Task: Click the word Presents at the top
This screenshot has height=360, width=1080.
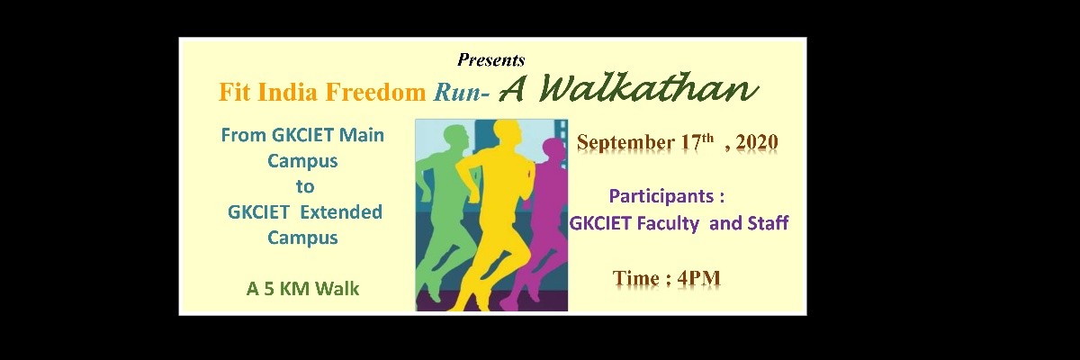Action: (490, 59)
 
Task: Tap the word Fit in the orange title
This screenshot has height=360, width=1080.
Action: (234, 92)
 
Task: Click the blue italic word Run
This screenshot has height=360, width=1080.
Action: (457, 92)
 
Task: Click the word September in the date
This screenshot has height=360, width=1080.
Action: (625, 143)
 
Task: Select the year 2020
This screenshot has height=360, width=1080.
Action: (757, 142)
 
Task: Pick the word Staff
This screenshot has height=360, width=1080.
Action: (768, 222)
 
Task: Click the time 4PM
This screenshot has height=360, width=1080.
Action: (698, 278)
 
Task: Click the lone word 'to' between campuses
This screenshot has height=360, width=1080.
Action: (305, 186)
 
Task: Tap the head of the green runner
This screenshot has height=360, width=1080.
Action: (454, 139)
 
